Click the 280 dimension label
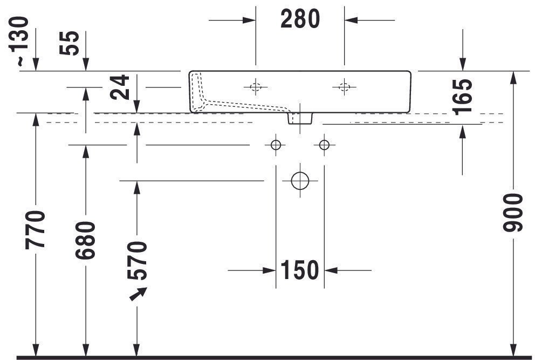pos(300,19)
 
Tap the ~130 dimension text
pos(18,40)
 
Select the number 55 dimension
pos(69,43)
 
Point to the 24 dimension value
pos(120,87)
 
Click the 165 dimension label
pos(462,97)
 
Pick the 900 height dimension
pos(513,213)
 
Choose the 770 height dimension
pos(35,230)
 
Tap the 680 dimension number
pos(85,240)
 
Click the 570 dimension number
pos(137,260)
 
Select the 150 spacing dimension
pos(299,270)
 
